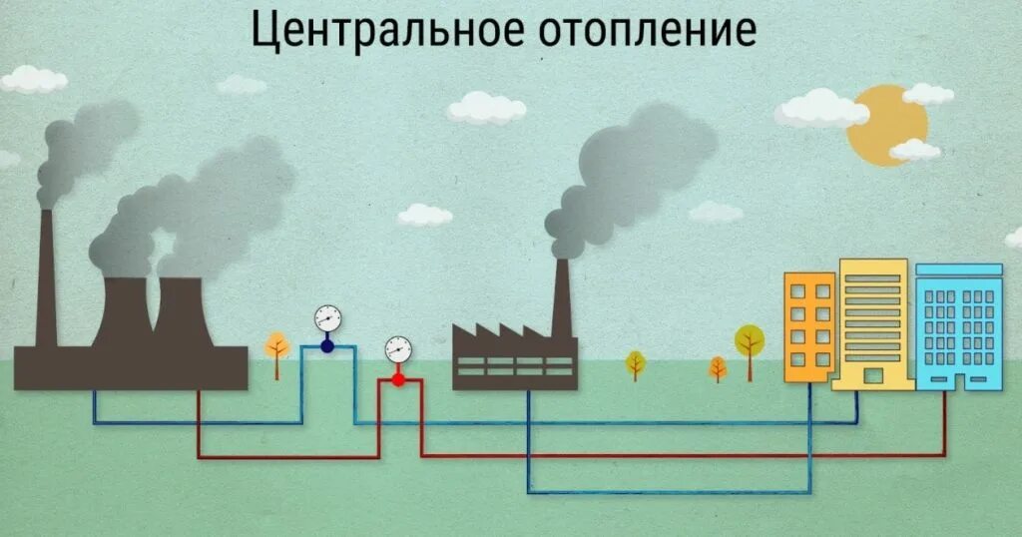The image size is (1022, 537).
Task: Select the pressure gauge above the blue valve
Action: [326, 318]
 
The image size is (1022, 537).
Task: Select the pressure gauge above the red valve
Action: [397, 349]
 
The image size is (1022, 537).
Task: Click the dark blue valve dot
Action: [326, 346]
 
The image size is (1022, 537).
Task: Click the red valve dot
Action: [397, 379]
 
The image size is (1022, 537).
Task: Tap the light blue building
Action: [957, 324]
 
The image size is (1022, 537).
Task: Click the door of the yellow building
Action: [873, 376]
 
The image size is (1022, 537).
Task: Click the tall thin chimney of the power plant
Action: [46, 279]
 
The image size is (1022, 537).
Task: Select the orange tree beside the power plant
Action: [276, 346]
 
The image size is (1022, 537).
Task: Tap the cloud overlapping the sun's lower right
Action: [914, 151]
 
